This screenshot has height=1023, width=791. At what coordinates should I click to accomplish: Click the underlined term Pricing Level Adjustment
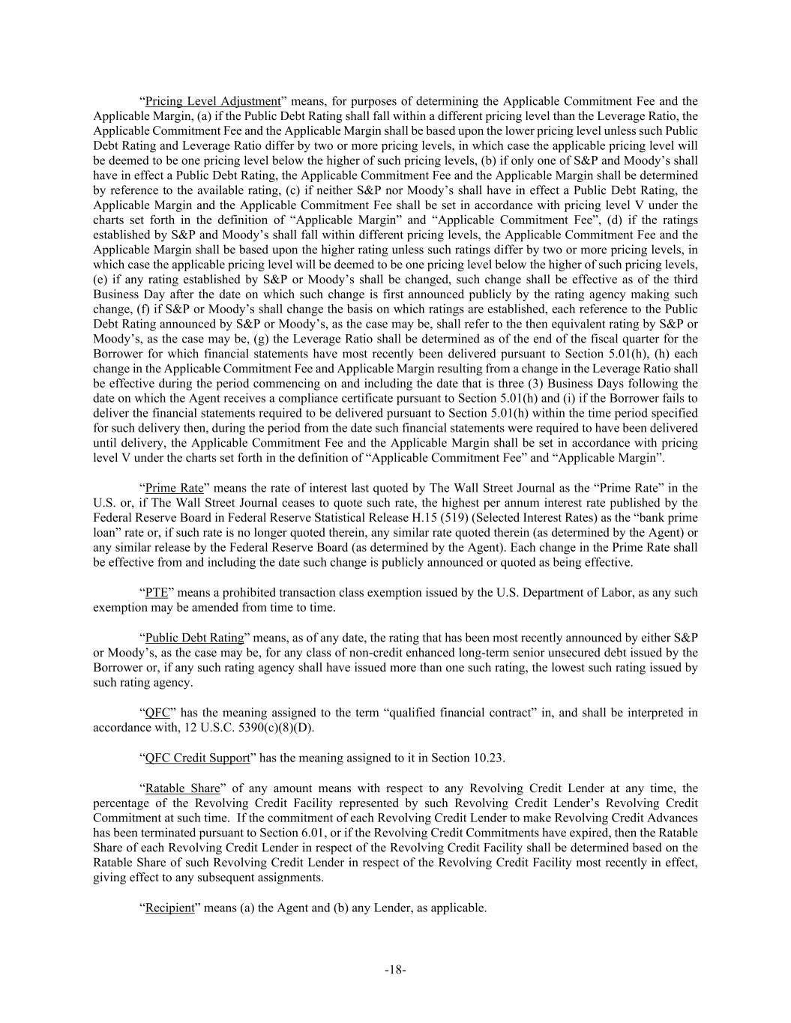point(212,101)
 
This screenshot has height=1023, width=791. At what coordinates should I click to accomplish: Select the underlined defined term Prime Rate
point(174,488)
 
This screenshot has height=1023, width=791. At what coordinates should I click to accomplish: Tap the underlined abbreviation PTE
point(156,593)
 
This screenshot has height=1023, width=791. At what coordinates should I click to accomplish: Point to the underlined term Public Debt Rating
point(194,638)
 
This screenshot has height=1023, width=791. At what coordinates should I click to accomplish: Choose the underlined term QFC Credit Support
point(197,758)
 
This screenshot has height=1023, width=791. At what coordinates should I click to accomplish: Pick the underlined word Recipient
point(169,908)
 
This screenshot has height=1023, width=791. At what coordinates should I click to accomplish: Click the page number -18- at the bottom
point(395,970)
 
